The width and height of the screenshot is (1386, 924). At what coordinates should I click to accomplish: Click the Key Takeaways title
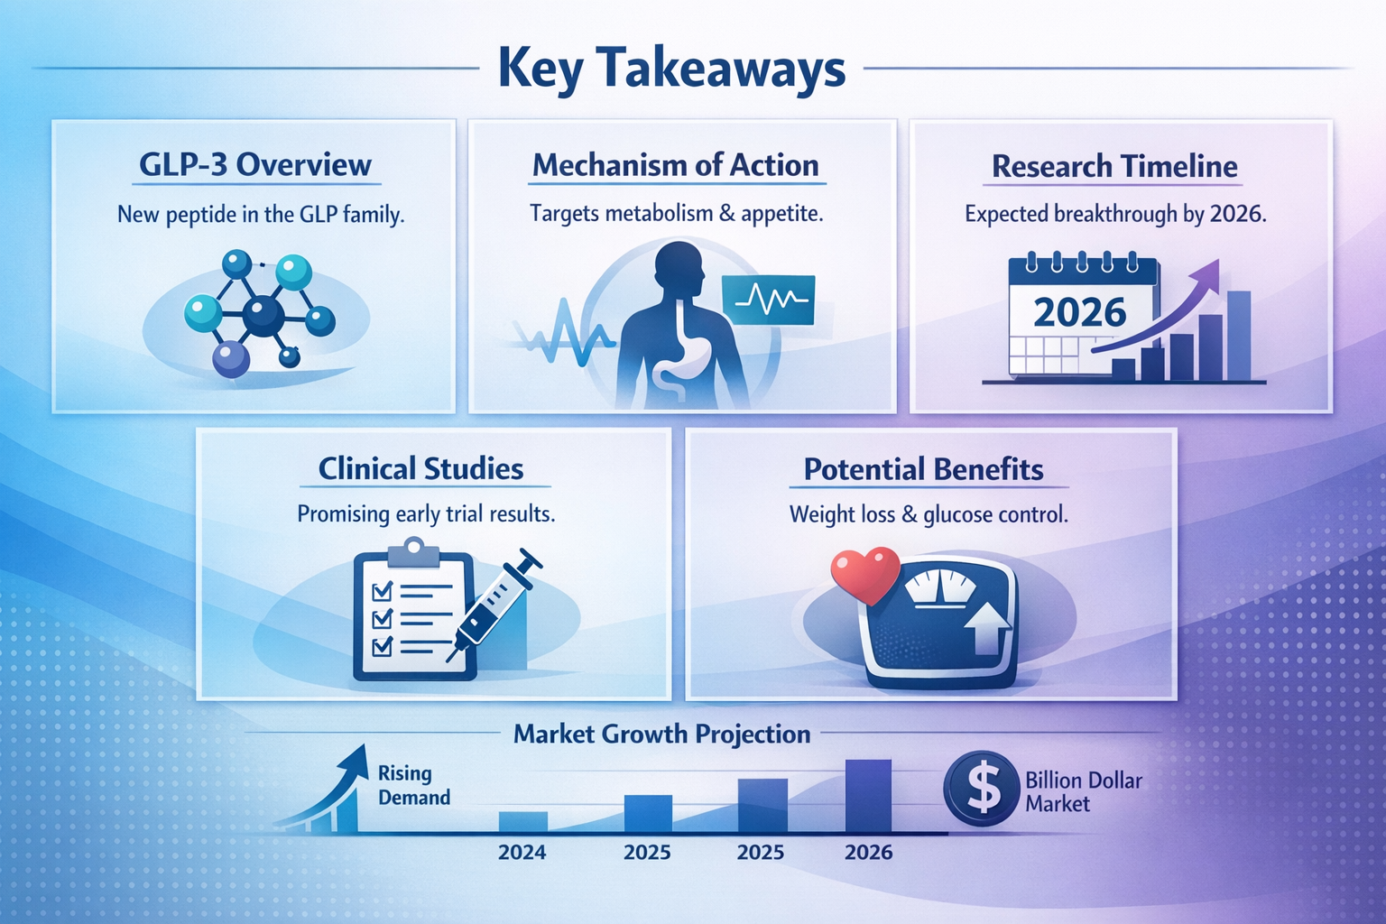pos(671,69)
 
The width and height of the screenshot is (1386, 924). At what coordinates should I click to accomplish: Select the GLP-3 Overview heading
pos(254,165)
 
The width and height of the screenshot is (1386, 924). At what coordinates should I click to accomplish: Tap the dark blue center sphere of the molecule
pos(263,317)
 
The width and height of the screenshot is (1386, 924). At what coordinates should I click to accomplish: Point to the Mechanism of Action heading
pos(675,165)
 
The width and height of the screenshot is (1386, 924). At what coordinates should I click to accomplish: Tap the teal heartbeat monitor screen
pos(768,300)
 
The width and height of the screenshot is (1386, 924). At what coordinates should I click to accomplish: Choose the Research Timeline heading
pos(1114,166)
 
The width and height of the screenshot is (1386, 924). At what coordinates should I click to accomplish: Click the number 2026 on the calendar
pos(1079,313)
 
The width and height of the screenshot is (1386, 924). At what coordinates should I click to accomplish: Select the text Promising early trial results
pos(426,513)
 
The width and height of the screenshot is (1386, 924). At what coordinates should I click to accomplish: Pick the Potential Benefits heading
pos(923,469)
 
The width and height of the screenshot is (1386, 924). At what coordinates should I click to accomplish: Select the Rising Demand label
pos(413,785)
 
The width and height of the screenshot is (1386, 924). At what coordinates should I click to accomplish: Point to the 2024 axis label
pos(522,852)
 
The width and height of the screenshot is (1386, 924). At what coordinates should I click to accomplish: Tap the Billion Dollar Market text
pos(1083,791)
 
